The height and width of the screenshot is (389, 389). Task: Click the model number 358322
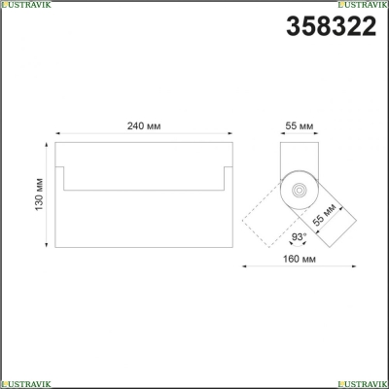coord(331,26)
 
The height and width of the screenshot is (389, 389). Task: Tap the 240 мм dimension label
coord(144,126)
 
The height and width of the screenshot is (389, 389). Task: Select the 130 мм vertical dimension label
coord(39,194)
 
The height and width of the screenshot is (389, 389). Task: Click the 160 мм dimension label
coord(300,259)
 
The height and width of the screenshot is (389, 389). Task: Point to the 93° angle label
coord(299,237)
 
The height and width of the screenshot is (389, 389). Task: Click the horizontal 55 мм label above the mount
coord(300,125)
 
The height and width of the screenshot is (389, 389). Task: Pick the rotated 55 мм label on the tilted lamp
coord(325,216)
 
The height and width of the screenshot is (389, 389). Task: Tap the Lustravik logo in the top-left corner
coord(25,4)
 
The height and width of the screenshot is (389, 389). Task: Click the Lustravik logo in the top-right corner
coord(363,4)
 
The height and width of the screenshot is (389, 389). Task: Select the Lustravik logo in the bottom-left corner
coord(25,384)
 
